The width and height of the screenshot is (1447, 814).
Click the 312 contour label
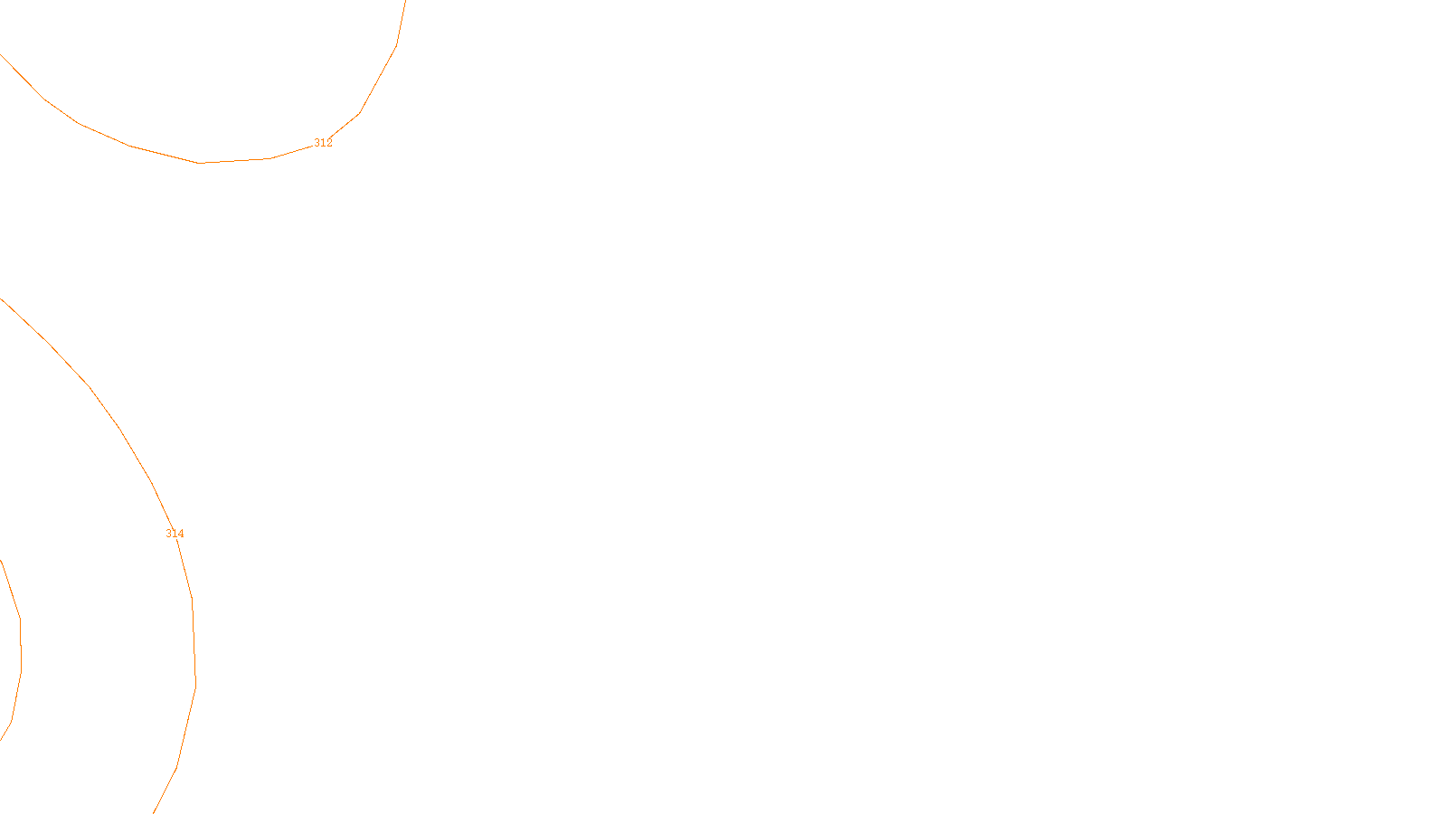[x=323, y=143]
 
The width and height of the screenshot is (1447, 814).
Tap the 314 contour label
[x=175, y=534]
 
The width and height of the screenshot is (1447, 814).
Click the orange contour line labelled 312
[x=199, y=163]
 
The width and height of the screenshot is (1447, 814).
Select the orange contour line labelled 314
[x=120, y=430]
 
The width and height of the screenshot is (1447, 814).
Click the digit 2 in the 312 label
[x=329, y=143]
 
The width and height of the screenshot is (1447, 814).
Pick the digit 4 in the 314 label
[x=181, y=534]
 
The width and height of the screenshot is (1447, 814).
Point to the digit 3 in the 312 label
[x=317, y=143]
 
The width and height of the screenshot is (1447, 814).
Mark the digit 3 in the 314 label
[x=168, y=534]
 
